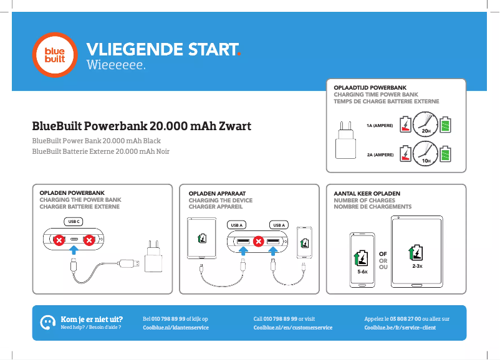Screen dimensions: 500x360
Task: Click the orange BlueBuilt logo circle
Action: click(x=55, y=55)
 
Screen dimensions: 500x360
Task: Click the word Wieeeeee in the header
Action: click(x=115, y=65)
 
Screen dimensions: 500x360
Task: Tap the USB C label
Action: click(x=74, y=221)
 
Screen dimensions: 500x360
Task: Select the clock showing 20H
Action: click(x=425, y=124)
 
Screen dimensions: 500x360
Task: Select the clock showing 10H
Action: click(x=425, y=154)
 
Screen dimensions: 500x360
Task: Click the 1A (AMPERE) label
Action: click(x=380, y=126)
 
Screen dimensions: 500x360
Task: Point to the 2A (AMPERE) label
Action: click(x=380, y=155)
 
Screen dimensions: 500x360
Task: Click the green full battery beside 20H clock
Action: click(x=446, y=125)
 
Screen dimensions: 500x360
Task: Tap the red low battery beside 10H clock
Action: click(x=405, y=154)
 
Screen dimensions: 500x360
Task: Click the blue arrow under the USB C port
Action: click(x=74, y=250)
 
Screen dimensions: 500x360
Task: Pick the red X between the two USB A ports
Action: click(x=258, y=242)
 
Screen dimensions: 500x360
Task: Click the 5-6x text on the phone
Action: click(x=362, y=272)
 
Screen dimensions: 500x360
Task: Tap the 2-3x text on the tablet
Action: click(x=417, y=266)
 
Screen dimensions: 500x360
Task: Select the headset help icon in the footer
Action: click(x=47, y=323)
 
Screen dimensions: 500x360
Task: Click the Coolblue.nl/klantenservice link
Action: click(x=176, y=328)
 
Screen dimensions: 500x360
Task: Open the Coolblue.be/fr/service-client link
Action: click(x=400, y=328)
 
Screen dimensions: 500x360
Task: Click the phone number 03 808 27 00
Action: click(x=405, y=319)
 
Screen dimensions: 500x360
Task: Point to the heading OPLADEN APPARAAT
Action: click(x=217, y=193)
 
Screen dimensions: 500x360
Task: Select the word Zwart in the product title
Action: click(x=235, y=126)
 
